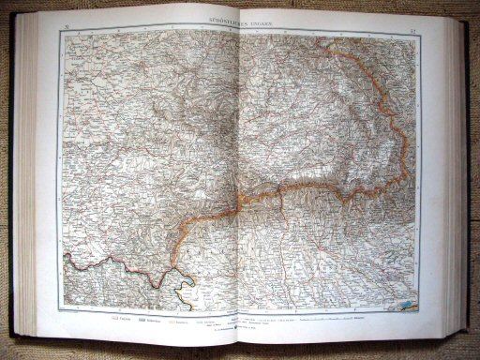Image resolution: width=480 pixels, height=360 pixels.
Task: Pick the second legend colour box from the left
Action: [x=143, y=318]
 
